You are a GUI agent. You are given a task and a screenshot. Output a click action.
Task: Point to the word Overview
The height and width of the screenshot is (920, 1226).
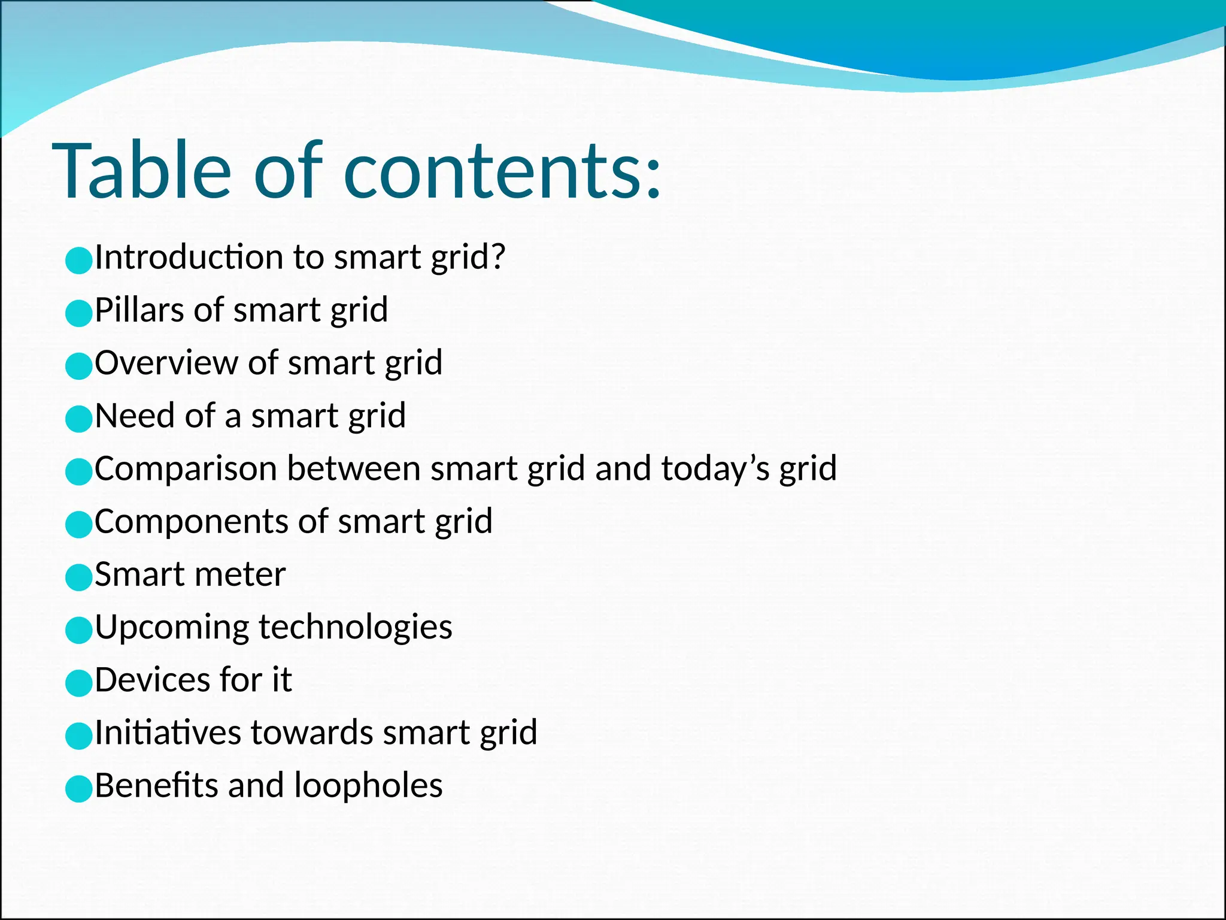[x=166, y=363]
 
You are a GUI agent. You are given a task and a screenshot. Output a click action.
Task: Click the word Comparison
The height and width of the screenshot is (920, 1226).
[x=186, y=468]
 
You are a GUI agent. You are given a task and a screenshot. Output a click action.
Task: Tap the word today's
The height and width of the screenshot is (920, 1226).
[x=715, y=468]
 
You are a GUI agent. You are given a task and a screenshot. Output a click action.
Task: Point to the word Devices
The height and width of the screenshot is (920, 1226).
[x=151, y=680]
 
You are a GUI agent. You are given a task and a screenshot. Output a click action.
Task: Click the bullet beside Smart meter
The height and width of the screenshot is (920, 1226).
[x=78, y=577]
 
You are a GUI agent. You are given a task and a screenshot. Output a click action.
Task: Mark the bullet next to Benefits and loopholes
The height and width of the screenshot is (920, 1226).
[x=78, y=789]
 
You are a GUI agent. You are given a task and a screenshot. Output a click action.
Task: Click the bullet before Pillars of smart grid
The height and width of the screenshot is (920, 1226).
[x=78, y=313]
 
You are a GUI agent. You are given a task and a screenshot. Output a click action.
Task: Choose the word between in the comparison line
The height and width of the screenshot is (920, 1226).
[x=353, y=468]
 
